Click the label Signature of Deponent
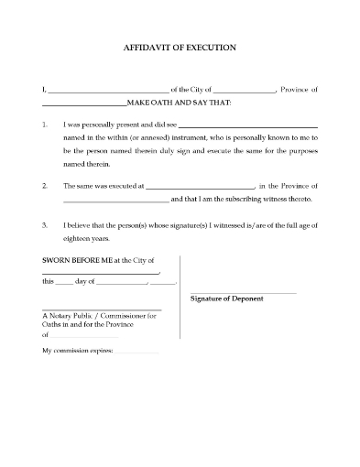(x=226, y=299)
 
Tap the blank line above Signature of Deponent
(x=244, y=292)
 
